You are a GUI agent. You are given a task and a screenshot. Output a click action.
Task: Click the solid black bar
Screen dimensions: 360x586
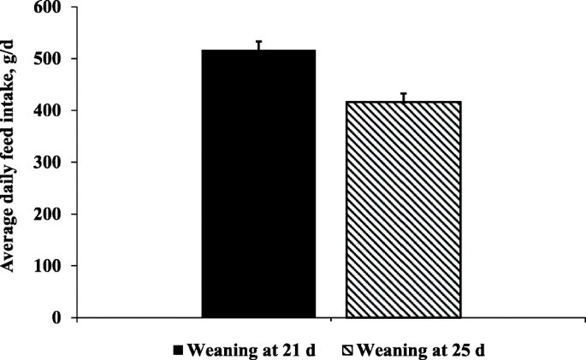(x=259, y=184)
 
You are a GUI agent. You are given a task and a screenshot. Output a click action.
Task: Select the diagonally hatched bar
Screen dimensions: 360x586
(x=403, y=210)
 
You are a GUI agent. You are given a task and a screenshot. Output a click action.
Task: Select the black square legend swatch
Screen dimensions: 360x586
(x=179, y=349)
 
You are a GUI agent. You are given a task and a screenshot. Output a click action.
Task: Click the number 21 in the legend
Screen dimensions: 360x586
(x=282, y=349)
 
